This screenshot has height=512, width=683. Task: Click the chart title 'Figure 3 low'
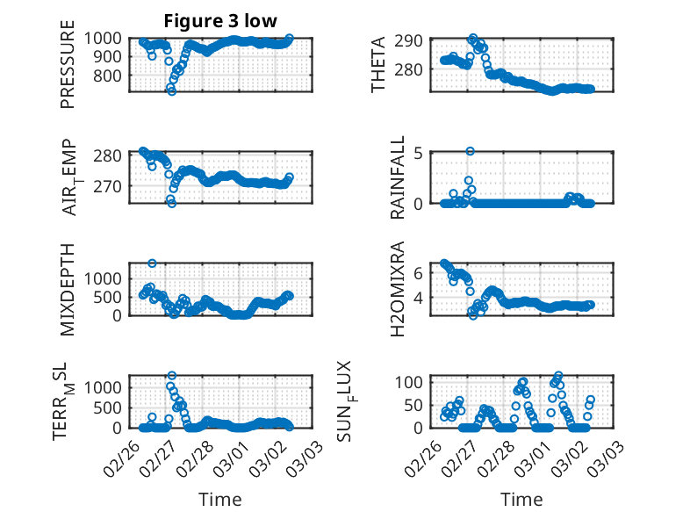(221, 21)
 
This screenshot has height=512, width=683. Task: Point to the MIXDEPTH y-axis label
(68, 289)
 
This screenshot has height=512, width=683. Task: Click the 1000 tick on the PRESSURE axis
(104, 38)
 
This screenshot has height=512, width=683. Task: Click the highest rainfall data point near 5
(471, 151)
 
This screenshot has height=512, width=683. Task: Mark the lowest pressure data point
(171, 91)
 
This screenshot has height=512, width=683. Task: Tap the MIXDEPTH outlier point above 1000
(152, 263)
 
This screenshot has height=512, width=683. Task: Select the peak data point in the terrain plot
(171, 376)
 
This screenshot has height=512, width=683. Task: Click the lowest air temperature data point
(171, 204)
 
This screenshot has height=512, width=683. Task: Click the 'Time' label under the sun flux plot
(521, 500)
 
